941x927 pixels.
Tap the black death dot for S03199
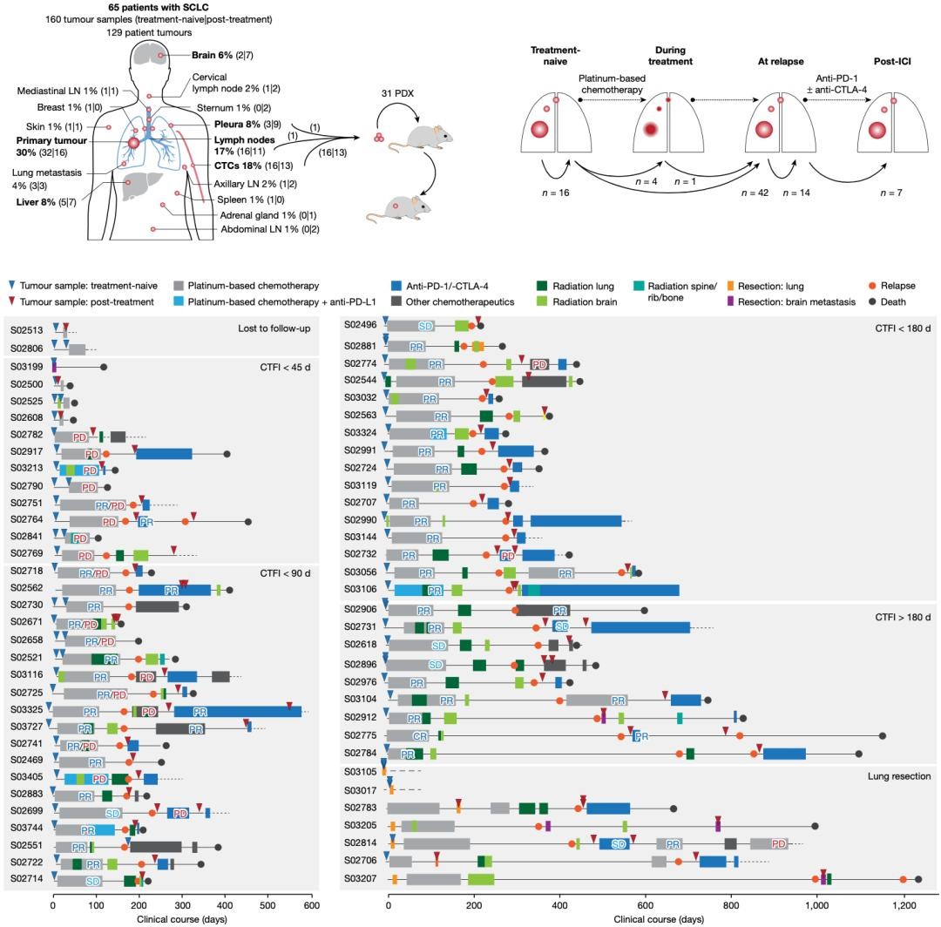point(104,367)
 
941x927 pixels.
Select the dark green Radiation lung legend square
point(543,285)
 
